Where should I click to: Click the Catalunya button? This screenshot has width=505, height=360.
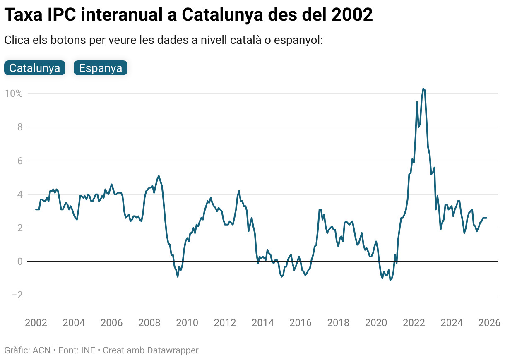pos(35,68)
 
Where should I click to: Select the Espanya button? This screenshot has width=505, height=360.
pos(101,68)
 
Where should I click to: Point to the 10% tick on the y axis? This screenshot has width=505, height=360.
pos(13,94)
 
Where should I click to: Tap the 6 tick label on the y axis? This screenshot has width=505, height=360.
pos(19,161)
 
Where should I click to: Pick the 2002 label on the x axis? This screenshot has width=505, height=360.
pos(36,323)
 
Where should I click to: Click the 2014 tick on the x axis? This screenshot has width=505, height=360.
pos(263,323)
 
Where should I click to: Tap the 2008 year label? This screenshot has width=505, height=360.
pos(149,323)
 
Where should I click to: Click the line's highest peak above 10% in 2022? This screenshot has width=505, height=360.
pos(423,88)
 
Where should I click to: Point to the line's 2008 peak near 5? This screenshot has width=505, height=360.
pos(159,176)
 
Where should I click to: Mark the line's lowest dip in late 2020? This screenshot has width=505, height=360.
pos(390,280)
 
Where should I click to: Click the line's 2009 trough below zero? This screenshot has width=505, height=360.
pos(178,276)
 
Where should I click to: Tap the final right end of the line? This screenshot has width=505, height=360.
pos(486,218)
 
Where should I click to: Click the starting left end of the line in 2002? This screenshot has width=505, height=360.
pos(36,209)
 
